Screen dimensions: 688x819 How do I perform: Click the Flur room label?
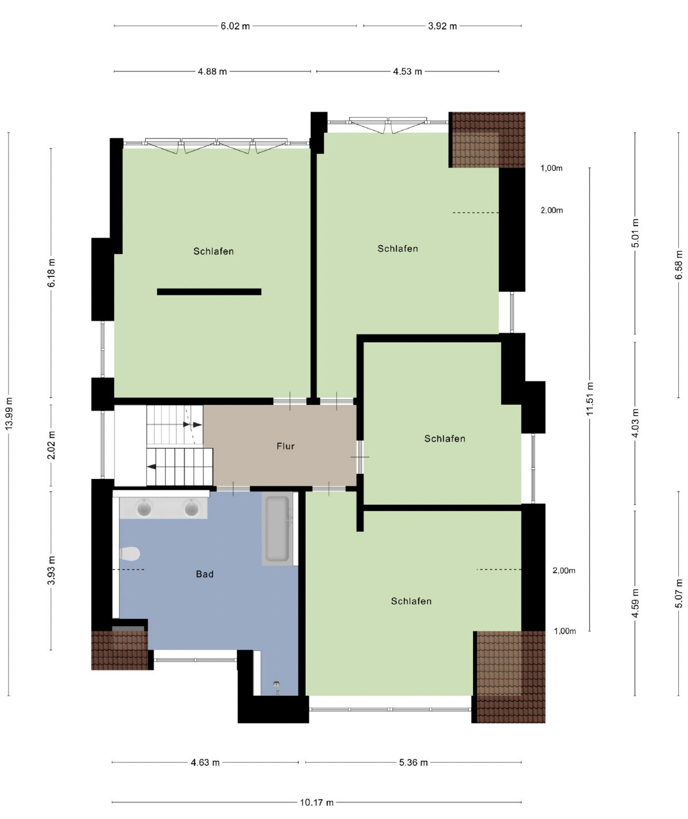point(285,446)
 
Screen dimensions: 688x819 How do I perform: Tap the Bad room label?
point(204,574)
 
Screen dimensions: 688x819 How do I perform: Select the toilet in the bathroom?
point(130,554)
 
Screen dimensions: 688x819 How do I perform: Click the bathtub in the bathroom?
point(277,528)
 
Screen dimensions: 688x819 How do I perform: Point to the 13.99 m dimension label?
point(9,414)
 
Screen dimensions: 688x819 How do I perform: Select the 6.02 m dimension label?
point(235,26)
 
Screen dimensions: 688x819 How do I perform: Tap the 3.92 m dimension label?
point(442,26)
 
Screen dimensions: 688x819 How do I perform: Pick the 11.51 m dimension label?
point(589,399)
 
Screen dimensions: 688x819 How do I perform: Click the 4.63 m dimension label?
point(205,763)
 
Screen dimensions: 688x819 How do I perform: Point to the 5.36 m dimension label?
point(413,763)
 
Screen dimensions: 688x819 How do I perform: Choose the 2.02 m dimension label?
point(51,445)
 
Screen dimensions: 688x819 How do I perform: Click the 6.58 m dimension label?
point(679,265)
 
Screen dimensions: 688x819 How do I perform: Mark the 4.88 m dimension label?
point(212,72)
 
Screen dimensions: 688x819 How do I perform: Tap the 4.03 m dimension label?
point(635,423)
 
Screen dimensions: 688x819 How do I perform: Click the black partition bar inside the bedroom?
point(209,292)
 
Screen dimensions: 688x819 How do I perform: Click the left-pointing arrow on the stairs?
point(151,466)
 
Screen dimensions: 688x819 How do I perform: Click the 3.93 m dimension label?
point(51,570)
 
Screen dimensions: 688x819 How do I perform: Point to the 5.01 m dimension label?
point(635,233)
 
